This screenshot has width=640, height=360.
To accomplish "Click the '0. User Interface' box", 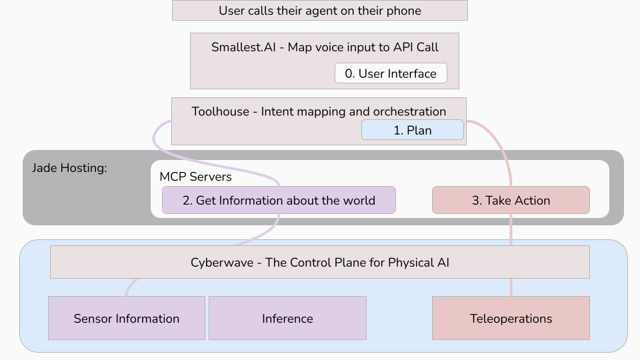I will (x=391, y=73).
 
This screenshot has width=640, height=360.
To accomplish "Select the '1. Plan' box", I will (x=412, y=130).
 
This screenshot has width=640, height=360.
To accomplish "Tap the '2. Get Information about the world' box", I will (x=279, y=200).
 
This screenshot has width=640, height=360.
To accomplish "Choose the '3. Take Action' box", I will (x=511, y=200).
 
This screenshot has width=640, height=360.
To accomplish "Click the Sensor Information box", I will (x=126, y=318).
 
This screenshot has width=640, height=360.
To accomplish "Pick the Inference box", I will (x=287, y=318).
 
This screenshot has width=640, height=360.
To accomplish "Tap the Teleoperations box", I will (x=511, y=318).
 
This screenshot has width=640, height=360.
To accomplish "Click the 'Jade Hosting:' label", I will (x=69, y=168).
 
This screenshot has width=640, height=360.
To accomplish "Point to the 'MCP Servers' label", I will (x=195, y=177).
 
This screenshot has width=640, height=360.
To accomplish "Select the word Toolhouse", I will (x=220, y=111).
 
